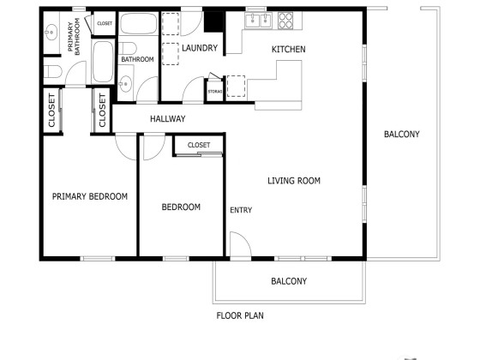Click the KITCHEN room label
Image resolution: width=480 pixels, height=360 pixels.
(288, 50)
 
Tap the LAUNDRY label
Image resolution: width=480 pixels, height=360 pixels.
(200, 48)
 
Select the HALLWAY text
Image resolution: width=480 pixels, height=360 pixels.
(168, 119)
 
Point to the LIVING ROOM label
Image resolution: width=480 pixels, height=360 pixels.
(294, 181)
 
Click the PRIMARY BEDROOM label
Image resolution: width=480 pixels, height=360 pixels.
(90, 196)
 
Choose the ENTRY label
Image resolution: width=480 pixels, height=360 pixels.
(241, 210)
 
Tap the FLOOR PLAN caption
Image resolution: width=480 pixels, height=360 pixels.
(240, 315)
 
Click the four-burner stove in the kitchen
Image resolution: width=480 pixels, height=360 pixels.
(285, 21)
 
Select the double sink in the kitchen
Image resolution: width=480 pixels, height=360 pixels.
(259, 21)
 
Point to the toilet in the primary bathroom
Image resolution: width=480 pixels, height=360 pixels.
(52, 72)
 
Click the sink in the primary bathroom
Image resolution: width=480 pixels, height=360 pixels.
(51, 32)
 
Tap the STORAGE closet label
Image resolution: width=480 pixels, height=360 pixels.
(215, 92)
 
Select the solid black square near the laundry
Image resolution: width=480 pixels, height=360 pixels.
(214, 21)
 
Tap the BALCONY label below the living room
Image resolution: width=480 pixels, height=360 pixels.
(289, 281)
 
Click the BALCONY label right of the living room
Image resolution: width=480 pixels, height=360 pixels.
(402, 134)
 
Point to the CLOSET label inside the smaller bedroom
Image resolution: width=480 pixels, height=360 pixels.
(199, 145)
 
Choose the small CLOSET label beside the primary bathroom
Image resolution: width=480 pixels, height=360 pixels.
(105, 23)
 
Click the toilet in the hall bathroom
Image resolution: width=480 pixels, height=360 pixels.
(128, 48)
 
